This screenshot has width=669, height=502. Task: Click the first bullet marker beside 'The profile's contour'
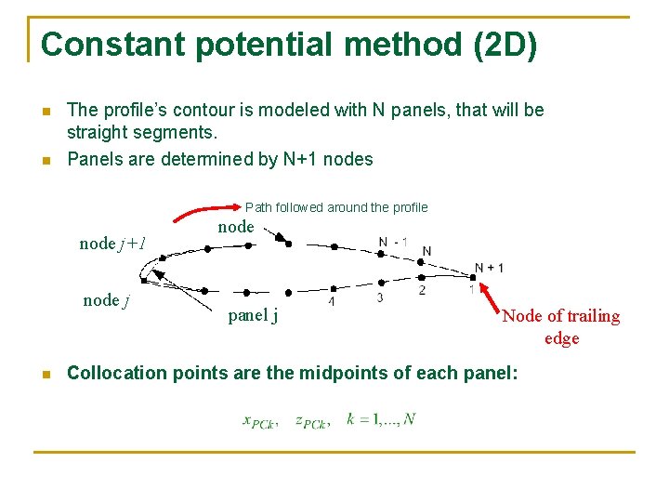[44, 111]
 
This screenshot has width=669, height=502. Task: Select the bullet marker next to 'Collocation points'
[44, 374]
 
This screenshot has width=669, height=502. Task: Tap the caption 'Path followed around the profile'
[335, 207]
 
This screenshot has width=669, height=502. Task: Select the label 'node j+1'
[112, 244]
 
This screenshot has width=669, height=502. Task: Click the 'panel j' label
[254, 315]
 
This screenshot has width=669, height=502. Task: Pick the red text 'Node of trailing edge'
[560, 326]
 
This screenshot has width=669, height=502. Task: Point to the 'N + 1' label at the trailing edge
[489, 268]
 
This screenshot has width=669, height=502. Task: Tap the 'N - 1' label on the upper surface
[393, 243]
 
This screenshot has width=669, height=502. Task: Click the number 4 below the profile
[332, 302]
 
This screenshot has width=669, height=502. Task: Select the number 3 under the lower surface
[379, 297]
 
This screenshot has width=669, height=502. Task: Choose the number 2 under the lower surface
[422, 291]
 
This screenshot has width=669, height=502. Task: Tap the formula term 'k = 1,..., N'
[381, 419]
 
